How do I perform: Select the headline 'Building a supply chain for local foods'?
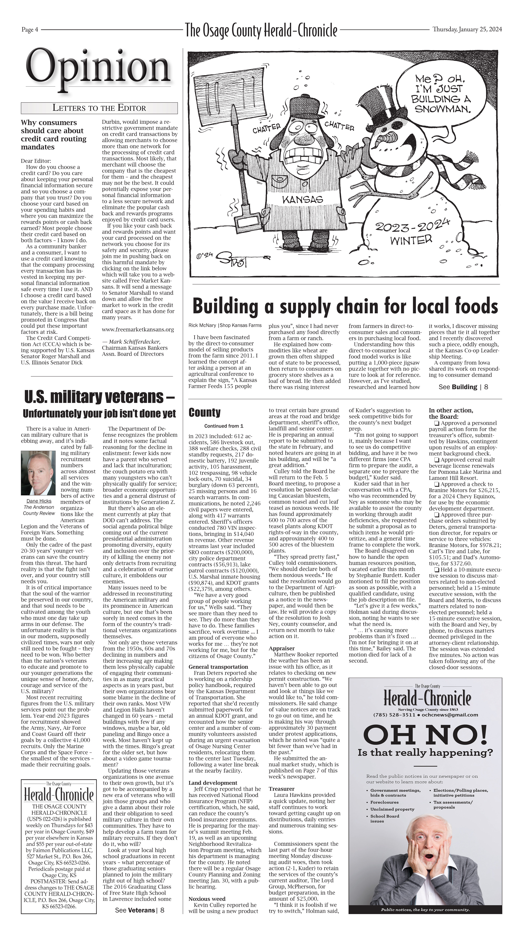pos(345,306)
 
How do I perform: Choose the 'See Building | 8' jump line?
pos(463,387)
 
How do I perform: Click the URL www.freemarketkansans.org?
pos(138,330)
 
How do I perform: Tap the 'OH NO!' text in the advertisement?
pos(425,734)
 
